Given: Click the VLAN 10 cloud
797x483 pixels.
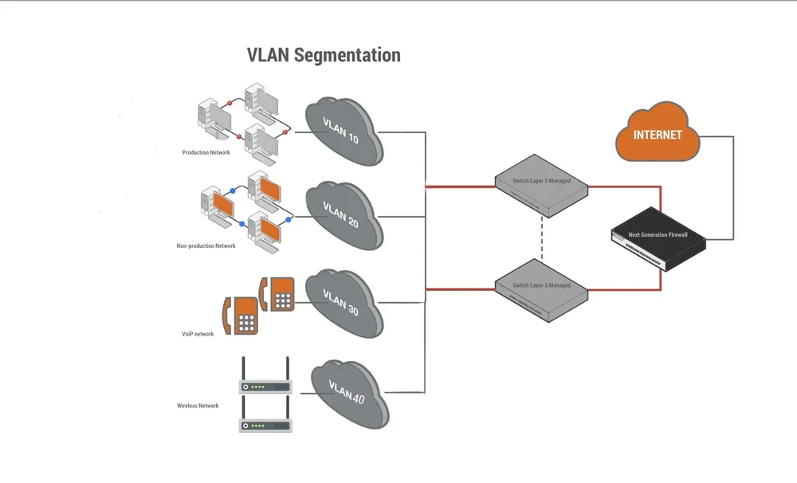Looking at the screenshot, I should [341, 129].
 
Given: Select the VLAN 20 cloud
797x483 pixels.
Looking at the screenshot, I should [341, 214].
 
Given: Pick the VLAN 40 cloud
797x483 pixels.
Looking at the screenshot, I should [347, 392].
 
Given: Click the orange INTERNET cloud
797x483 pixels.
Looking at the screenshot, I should [658, 133].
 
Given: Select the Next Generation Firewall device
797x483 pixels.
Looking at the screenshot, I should [658, 237].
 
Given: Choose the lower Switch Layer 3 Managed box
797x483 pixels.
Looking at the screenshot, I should [541, 287].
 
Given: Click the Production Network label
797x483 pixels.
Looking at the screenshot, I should [206, 152].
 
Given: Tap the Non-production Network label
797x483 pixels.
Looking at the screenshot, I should [206, 245].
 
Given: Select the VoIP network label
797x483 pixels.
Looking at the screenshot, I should [198, 334].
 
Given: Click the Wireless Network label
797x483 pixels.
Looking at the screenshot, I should [198, 406].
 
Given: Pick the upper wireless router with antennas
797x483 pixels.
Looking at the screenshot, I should [266, 386].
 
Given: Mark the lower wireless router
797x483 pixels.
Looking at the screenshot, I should [266, 424].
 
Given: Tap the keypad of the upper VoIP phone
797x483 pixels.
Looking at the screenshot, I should [283, 299].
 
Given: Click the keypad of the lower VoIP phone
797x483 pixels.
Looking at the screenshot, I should [247, 322].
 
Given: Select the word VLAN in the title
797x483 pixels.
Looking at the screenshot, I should [269, 55].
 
